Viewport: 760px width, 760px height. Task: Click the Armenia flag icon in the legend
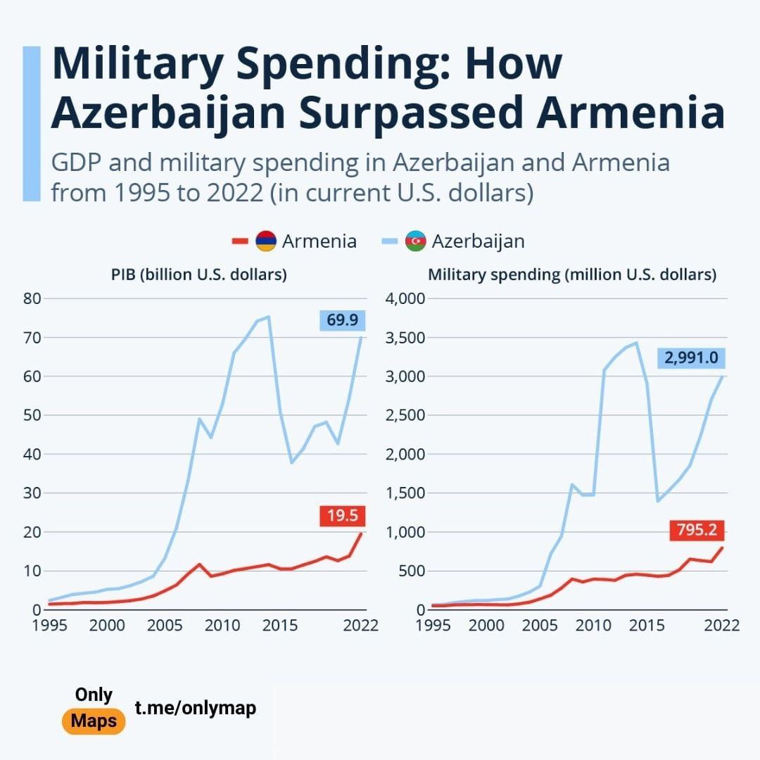coord(265,241)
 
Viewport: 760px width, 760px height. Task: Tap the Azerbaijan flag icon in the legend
coord(415,241)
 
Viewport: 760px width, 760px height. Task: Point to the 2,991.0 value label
coord(691,358)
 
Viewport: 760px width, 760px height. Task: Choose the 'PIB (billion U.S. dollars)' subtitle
coord(199,274)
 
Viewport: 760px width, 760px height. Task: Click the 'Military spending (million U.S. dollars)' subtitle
coord(572,274)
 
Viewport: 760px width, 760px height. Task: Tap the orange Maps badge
coord(94,721)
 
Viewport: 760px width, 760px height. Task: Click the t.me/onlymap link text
coord(196,708)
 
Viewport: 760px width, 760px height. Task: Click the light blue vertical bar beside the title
coord(32,123)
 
